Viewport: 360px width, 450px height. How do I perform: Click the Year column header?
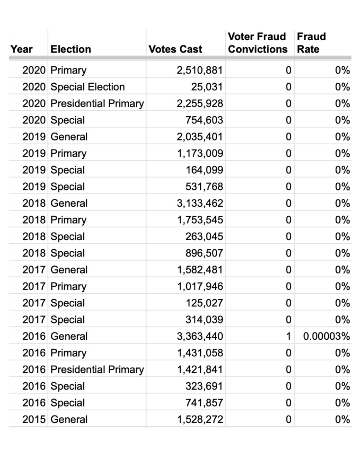coord(21,49)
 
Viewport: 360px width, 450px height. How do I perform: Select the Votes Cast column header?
coord(175,49)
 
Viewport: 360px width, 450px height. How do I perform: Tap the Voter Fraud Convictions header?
coord(258,43)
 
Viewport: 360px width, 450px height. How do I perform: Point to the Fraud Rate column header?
coord(311,43)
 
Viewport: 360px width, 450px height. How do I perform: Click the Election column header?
coord(70,49)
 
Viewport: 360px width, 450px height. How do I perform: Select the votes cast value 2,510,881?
coord(200,70)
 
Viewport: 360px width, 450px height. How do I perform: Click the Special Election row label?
coord(87,87)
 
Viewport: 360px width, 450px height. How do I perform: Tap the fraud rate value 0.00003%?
coord(327,336)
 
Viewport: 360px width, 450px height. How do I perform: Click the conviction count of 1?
coord(288,336)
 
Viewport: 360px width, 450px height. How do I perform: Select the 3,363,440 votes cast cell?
coord(200,336)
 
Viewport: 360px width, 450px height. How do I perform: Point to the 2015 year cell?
coord(34,419)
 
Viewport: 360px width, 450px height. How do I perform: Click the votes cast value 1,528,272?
coord(200,419)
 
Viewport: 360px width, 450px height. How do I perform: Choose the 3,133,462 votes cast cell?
coord(200,203)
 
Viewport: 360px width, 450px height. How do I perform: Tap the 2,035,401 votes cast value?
coord(200,137)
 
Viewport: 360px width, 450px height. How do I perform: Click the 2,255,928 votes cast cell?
coord(200,103)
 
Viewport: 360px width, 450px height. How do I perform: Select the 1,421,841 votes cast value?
coord(200,369)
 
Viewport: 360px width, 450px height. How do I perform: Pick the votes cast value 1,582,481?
coord(200,270)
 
